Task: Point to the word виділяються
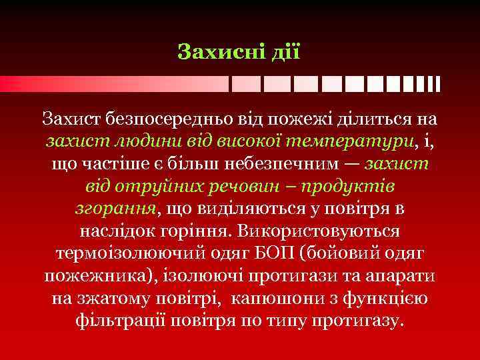[241, 209]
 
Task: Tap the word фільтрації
[132, 321]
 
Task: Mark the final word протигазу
[357, 321]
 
